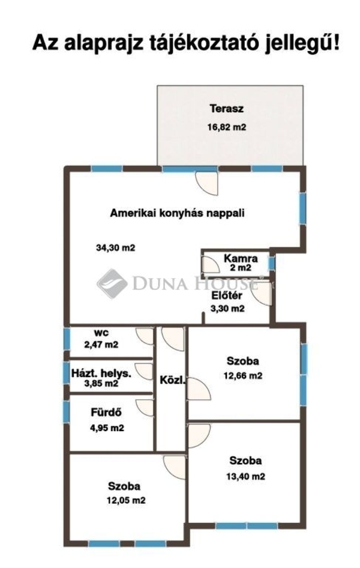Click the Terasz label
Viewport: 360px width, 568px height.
(x=226, y=108)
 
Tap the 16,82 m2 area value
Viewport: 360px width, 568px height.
(x=226, y=127)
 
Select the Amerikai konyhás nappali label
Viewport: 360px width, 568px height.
(x=177, y=213)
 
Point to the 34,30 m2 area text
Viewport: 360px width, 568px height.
(x=115, y=248)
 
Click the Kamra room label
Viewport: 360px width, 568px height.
(x=241, y=258)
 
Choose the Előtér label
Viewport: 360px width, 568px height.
(x=227, y=295)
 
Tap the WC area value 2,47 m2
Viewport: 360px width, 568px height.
(x=101, y=345)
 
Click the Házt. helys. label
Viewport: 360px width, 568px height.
(x=101, y=373)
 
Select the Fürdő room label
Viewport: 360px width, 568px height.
(x=106, y=412)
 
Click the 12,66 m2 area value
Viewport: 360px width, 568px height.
(x=243, y=376)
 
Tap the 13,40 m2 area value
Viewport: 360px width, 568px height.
(x=245, y=476)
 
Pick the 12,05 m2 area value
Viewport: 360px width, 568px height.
(x=126, y=501)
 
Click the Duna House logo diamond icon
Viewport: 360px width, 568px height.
(x=112, y=283)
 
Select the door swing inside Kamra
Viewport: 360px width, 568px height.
(x=211, y=264)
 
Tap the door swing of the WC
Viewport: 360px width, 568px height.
(x=145, y=336)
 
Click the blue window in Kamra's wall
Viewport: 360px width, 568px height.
(x=272, y=264)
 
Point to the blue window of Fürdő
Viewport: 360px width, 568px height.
(x=66, y=412)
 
